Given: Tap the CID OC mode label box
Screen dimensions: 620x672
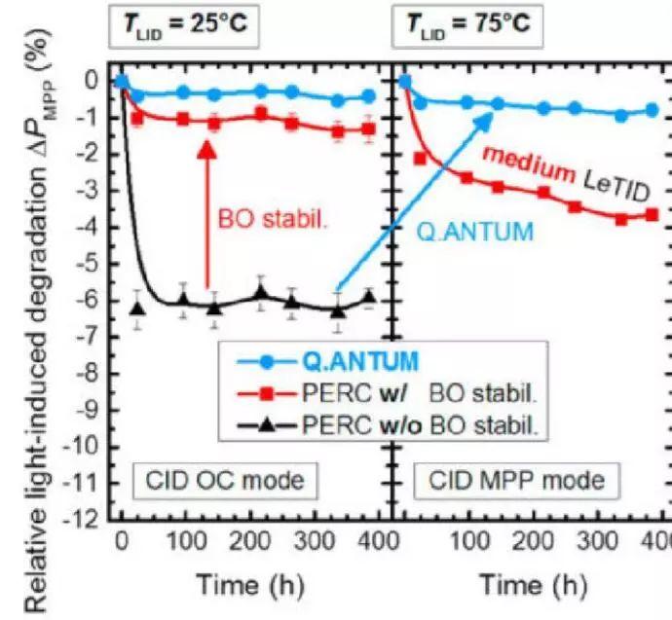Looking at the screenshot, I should tap(220, 480).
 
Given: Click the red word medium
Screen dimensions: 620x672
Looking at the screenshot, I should tap(528, 166).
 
